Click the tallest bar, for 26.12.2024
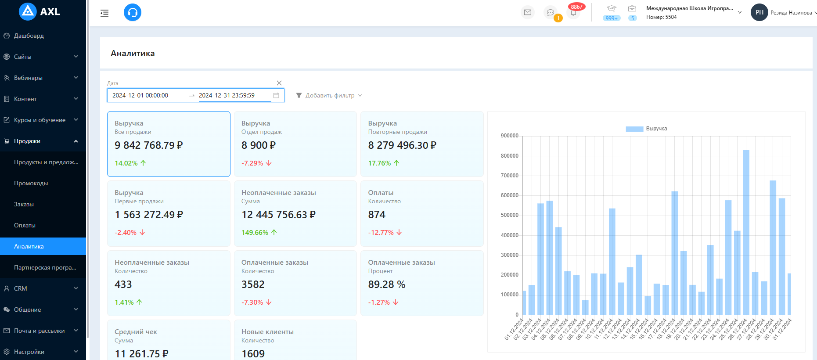[746, 232]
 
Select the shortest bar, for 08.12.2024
[585, 308]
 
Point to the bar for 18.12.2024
[674, 253]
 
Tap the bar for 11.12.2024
[612, 261]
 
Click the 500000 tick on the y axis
[509, 215]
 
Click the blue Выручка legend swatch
[634, 129]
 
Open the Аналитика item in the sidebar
[29, 246]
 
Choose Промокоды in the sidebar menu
[31, 183]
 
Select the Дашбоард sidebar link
[29, 36]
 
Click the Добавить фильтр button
[329, 95]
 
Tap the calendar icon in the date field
[276, 95]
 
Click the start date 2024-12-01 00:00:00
[140, 95]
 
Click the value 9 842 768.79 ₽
[148, 145]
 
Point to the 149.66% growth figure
[255, 233]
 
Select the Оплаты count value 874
[377, 215]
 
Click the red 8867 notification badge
[576, 7]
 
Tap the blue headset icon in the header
[133, 12]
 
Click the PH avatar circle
[759, 12]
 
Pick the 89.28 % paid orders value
[386, 284]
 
